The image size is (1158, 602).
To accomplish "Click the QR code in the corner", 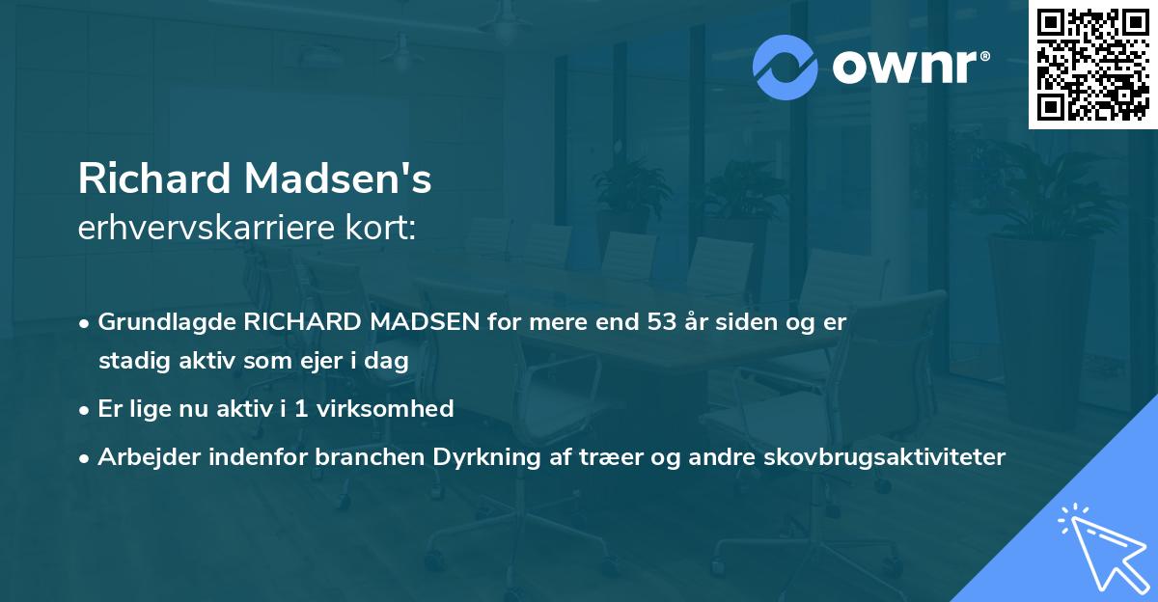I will pyautogui.click(x=1092, y=65).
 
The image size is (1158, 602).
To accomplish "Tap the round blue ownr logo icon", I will pyautogui.click(x=785, y=67).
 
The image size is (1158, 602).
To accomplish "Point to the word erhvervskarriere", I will pyautogui.click(x=198, y=228).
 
